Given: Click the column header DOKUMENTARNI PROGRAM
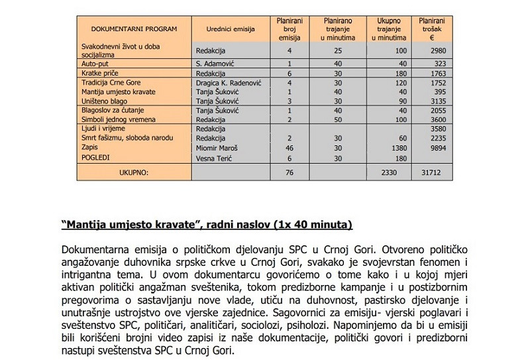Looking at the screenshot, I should (125, 30).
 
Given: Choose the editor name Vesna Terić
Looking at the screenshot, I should (213, 158).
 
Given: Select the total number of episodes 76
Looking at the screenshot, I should (290, 173).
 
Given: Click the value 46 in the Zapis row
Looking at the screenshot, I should (290, 148).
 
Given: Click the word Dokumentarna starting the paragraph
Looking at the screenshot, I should (95, 249).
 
